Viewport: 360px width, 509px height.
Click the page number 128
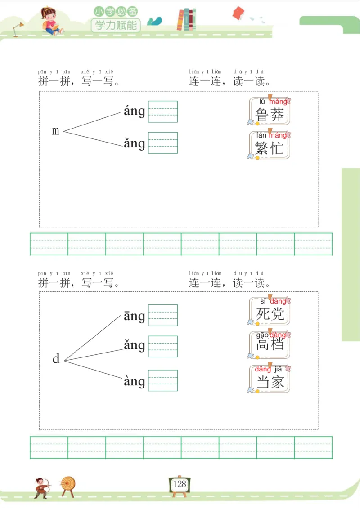click(180, 484)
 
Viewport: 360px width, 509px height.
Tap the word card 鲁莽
click(270, 111)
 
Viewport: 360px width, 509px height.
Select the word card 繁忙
click(270, 145)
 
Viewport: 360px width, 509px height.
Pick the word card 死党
click(270, 311)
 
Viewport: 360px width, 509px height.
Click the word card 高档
click(270, 345)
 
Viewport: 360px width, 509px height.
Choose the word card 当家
click(270, 379)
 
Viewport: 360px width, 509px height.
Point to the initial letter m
click(56, 131)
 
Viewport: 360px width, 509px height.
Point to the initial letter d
click(56, 359)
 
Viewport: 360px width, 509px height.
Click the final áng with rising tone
click(134, 111)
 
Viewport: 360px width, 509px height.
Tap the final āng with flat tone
click(134, 316)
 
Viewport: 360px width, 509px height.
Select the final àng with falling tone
click(134, 381)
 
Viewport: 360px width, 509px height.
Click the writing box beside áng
click(163, 112)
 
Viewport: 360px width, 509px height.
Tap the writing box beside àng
click(163, 380)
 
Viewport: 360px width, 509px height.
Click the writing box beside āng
click(163, 315)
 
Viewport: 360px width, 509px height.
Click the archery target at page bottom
click(68, 484)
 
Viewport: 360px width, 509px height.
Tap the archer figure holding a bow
click(41, 487)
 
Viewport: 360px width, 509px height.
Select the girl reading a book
click(50, 20)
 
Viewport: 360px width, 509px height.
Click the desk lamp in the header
click(18, 28)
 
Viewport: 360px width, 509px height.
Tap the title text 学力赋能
click(116, 25)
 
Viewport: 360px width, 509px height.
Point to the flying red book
click(238, 13)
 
